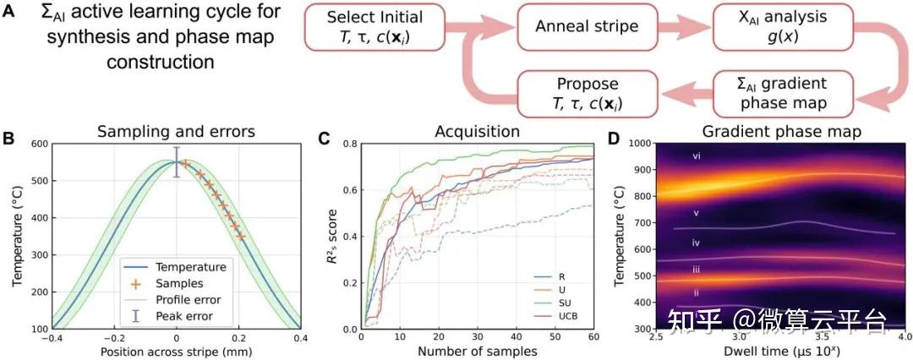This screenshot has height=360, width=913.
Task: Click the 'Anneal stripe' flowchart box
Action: pyautogui.click(x=588, y=26)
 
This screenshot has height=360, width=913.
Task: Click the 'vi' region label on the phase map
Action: pyautogui.click(x=697, y=156)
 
